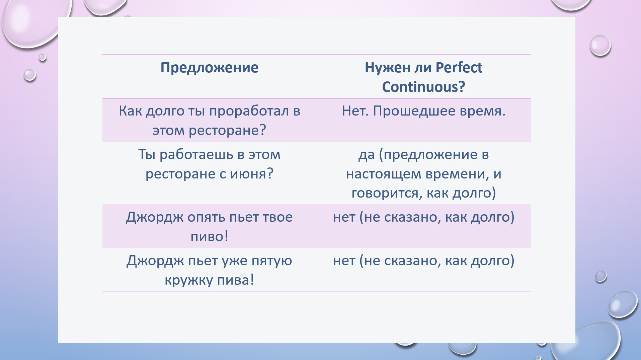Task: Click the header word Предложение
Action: click(209, 68)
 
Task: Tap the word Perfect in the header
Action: click(459, 67)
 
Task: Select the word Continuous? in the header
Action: click(423, 87)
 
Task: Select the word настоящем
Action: click(384, 174)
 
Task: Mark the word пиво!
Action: click(210, 237)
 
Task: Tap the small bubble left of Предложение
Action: click(30, 75)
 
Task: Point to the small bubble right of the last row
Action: click(601, 277)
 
